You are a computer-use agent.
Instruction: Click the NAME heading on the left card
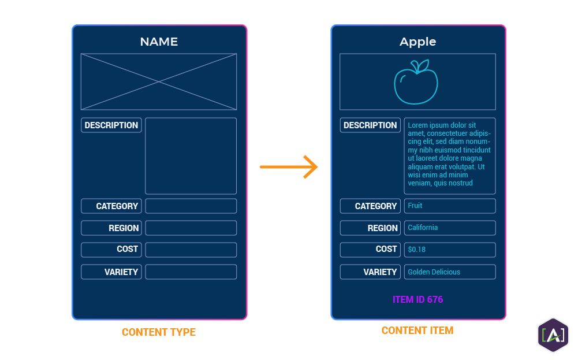click(x=159, y=42)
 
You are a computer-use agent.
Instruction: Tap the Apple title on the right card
click(x=417, y=42)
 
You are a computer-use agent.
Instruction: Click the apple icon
click(x=416, y=82)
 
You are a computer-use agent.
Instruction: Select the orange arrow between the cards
click(x=289, y=167)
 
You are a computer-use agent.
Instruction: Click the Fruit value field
click(x=449, y=206)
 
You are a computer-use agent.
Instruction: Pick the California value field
click(x=449, y=228)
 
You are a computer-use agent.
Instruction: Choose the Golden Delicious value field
click(x=449, y=272)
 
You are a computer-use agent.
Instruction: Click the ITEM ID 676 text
click(x=417, y=299)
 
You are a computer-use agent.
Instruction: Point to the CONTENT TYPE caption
click(x=159, y=332)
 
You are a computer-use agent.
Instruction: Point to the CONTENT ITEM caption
click(x=417, y=331)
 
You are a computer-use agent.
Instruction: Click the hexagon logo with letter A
click(x=553, y=335)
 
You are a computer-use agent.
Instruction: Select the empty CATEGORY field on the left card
click(x=191, y=206)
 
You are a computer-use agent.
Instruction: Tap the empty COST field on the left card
click(x=191, y=250)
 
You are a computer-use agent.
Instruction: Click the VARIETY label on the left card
click(x=111, y=272)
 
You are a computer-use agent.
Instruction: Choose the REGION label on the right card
click(x=370, y=228)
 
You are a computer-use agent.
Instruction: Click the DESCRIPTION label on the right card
click(x=370, y=125)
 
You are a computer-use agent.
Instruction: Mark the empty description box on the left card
click(x=191, y=156)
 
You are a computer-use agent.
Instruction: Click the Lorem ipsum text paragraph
click(x=449, y=154)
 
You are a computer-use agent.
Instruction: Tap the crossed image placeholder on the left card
click(x=159, y=81)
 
